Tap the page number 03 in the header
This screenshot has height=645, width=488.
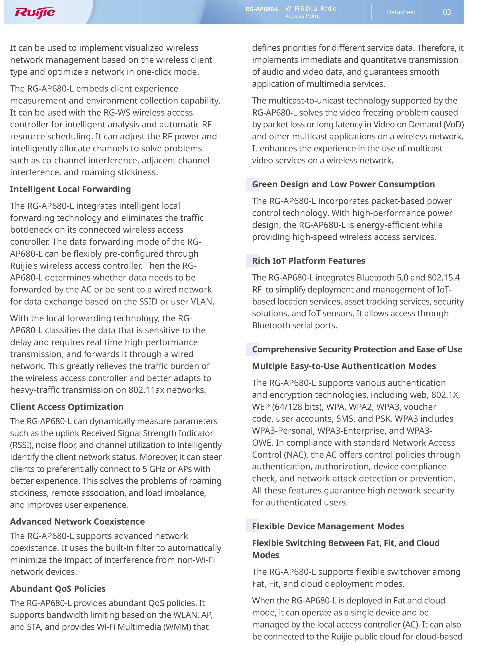pos(447,12)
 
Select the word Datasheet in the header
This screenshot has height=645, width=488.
pos(401,12)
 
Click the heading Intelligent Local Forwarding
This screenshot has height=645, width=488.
pos(70,189)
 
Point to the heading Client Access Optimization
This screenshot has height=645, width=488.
pos(67,407)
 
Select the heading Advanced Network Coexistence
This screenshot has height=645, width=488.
pos(77,521)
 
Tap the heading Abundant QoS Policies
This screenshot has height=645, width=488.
pos(58,589)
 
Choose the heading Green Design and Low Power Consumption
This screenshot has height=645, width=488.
pos(343,184)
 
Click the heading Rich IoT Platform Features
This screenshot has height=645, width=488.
pos(308,261)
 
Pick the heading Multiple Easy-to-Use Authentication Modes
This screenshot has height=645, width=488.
pos(344,366)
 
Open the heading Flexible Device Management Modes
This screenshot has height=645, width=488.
pos(328,526)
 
